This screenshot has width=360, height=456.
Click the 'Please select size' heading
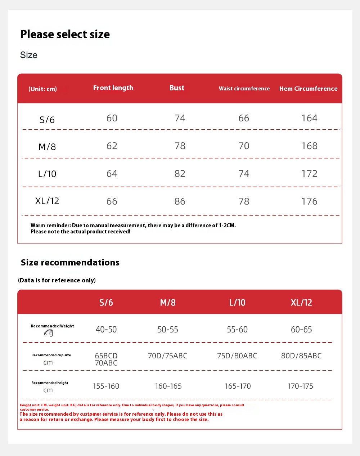(65, 34)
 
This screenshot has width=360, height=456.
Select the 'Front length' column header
(113, 88)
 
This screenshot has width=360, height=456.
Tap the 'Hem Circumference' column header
(308, 89)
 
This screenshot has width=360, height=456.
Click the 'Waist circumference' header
(244, 89)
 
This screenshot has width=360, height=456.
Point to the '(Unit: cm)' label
(42, 89)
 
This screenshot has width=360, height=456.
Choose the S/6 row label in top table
(47, 120)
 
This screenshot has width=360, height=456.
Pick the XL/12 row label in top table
(47, 201)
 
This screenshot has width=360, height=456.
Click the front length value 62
(112, 146)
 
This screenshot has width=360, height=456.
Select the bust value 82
(180, 174)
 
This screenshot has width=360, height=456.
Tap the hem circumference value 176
(309, 201)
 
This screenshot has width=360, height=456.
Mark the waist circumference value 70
(244, 146)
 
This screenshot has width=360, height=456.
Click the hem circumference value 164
(309, 118)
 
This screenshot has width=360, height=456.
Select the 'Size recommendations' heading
(70, 263)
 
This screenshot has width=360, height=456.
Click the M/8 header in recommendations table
(168, 303)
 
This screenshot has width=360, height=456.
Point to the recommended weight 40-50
(106, 330)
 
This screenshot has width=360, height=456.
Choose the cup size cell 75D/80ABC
(237, 356)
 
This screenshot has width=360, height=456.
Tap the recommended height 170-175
(301, 386)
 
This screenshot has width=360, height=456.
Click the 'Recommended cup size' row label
(51, 355)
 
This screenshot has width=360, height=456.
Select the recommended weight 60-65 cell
(301, 330)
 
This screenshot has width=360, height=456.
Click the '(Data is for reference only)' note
(57, 280)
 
